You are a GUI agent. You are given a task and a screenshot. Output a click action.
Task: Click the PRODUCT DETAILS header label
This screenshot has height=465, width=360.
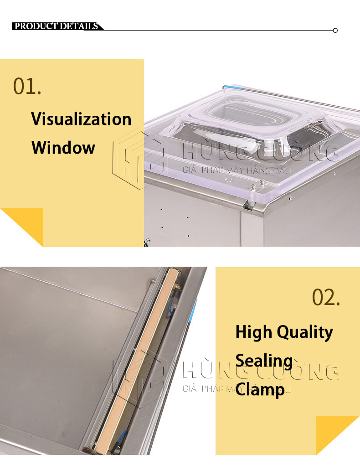pyautogui.click(x=57, y=26)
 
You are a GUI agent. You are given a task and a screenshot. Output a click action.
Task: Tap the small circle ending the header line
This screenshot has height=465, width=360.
pyautogui.click(x=335, y=30)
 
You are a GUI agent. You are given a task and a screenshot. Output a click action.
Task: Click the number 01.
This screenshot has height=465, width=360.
pyautogui.click(x=27, y=86)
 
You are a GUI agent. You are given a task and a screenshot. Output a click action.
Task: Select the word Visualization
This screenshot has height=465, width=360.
pyautogui.click(x=81, y=119)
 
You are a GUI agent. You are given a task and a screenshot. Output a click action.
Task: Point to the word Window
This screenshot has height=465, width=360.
pyautogui.click(x=63, y=147)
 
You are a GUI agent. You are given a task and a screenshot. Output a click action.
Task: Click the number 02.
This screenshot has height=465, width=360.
pyautogui.click(x=326, y=297)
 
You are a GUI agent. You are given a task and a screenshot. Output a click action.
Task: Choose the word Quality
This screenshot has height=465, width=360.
pyautogui.click(x=305, y=332)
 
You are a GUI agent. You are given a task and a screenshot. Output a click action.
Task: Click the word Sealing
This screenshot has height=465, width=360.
pyautogui.click(x=264, y=361)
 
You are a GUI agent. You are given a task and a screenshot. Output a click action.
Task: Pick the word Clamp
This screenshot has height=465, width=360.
pyautogui.click(x=260, y=390)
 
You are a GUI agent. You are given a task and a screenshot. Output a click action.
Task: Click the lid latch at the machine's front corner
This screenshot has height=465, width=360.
pyautogui.click(x=249, y=204)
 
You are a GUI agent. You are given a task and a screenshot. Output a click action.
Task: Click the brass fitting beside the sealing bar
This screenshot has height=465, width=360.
pyautogui.click(x=177, y=286)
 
